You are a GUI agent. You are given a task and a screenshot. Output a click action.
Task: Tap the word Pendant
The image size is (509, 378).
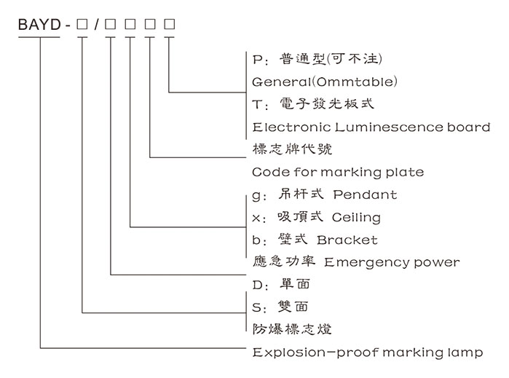pyautogui.click(x=365, y=195)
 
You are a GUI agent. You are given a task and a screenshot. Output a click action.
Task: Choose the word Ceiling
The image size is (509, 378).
pyautogui.click(x=356, y=218)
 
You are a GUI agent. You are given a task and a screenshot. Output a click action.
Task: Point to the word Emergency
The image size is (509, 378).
pyautogui.click(x=365, y=262)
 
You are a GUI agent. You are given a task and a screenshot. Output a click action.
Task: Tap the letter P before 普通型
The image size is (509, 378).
pyautogui.click(x=256, y=58)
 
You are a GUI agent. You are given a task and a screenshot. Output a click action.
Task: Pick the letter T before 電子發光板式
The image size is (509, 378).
pyautogui.click(x=256, y=104)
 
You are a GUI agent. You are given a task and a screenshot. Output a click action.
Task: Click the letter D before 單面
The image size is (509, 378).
pyautogui.click(x=256, y=285)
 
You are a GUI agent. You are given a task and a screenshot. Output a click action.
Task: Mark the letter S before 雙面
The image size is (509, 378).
pyautogui.click(x=256, y=307)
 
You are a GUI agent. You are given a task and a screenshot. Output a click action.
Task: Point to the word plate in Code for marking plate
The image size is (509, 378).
pyautogui.click(x=406, y=173)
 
